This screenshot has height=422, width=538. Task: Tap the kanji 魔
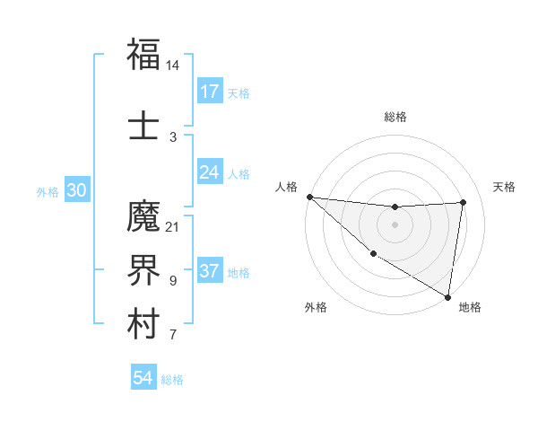tap(143, 215)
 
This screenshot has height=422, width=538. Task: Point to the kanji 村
tap(143, 323)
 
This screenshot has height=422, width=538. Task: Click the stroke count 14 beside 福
tap(172, 66)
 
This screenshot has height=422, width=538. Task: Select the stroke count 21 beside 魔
tap(172, 226)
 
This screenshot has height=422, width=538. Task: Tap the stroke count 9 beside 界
tap(172, 280)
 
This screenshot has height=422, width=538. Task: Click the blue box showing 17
tap(210, 92)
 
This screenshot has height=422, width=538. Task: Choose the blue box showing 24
tap(210, 172)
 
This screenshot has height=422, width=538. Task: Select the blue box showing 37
tap(210, 272)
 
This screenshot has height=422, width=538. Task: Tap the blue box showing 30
tap(76, 191)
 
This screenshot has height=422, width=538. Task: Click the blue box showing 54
tap(143, 379)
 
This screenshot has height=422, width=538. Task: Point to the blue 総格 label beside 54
tap(172, 380)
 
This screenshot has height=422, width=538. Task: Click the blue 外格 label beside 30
tap(48, 192)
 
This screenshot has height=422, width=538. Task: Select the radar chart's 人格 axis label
tap(286, 187)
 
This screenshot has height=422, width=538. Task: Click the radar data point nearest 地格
tap(447, 296)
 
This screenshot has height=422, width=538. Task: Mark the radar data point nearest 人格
tap(309, 197)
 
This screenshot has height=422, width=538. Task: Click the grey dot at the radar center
tap(395, 224)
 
